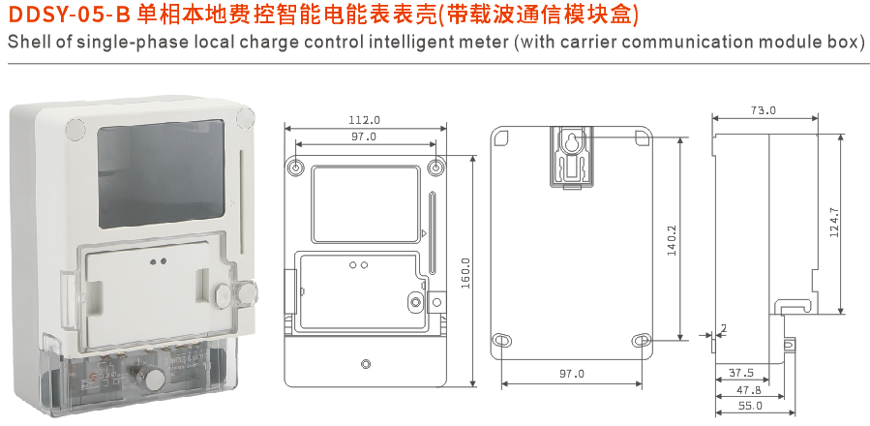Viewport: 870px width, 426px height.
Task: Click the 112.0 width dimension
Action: coord(364,120)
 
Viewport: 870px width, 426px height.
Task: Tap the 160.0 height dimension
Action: coord(465,273)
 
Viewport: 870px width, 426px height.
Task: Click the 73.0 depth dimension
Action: coord(763,110)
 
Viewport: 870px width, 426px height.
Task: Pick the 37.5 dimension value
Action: coord(741,373)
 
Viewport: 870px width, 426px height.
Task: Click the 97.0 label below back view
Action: coord(572,374)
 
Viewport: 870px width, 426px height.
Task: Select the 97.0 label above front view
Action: coord(364,137)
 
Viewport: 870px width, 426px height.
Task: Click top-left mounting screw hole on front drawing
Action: coord(297,167)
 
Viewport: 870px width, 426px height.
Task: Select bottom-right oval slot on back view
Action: coord(643,340)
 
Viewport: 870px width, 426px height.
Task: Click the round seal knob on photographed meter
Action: coord(228,294)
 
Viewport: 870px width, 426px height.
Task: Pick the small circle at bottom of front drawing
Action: coord(365,365)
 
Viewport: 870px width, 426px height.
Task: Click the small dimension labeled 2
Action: coord(723,329)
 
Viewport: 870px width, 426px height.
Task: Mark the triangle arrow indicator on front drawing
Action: coord(425,234)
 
